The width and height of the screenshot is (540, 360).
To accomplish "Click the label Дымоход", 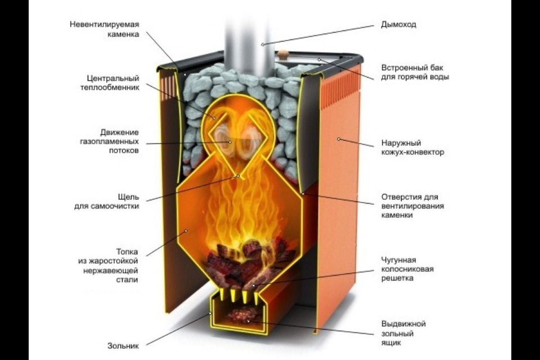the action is [x=398, y=24].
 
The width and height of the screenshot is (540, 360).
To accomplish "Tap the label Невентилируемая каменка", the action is [x=105, y=29].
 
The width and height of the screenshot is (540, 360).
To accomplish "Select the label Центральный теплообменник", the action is [x=110, y=83].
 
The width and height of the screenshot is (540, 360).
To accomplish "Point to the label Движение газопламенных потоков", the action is [x=109, y=141].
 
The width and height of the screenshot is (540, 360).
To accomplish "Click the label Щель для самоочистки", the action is [x=107, y=201].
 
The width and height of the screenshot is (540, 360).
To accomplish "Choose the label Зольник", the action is [x=123, y=345].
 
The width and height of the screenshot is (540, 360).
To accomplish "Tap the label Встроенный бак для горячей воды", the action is [x=415, y=73].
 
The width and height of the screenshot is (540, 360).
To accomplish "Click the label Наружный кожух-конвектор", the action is [x=412, y=147].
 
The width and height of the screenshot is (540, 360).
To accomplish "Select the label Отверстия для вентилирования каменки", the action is [x=412, y=206].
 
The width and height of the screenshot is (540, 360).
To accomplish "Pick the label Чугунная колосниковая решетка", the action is [x=407, y=269].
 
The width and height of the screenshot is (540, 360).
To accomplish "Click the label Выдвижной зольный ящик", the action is [x=403, y=333].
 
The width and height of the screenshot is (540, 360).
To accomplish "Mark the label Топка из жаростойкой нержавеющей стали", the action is [x=108, y=265].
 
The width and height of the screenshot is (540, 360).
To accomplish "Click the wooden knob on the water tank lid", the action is [x=282, y=55].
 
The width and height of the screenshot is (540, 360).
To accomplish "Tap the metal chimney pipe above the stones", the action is [x=249, y=45].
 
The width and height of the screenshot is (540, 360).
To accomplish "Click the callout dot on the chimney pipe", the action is [x=263, y=44].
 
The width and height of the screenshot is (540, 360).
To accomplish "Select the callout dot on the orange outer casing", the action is [x=339, y=139].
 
